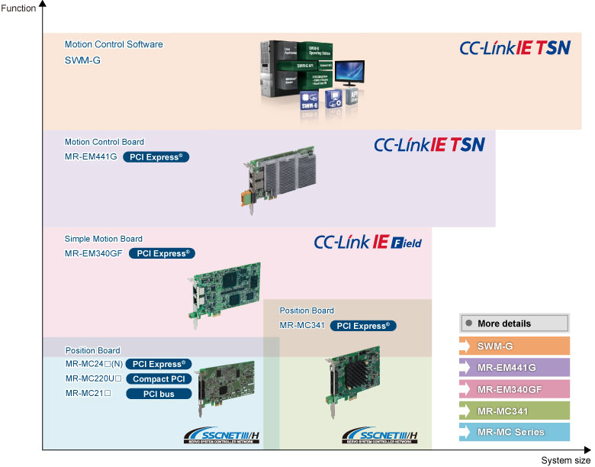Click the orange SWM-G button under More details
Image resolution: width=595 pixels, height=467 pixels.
514,346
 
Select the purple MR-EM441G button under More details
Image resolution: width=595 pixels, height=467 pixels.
514,367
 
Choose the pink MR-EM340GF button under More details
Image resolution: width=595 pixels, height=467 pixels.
514,388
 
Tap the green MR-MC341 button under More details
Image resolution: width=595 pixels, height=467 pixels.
514,411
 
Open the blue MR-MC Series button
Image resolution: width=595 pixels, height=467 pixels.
514,432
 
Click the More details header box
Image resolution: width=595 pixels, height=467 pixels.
514,324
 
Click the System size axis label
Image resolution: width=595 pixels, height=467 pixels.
565,460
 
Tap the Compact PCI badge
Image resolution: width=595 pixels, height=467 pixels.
158,378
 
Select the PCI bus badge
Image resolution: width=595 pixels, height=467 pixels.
158,394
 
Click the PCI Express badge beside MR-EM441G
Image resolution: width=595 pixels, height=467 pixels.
156,157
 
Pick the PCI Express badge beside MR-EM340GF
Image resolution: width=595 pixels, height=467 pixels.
162,253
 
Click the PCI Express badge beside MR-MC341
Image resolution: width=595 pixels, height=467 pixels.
363,326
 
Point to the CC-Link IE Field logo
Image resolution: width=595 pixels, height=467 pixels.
368,243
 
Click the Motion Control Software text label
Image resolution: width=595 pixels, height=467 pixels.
114,44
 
